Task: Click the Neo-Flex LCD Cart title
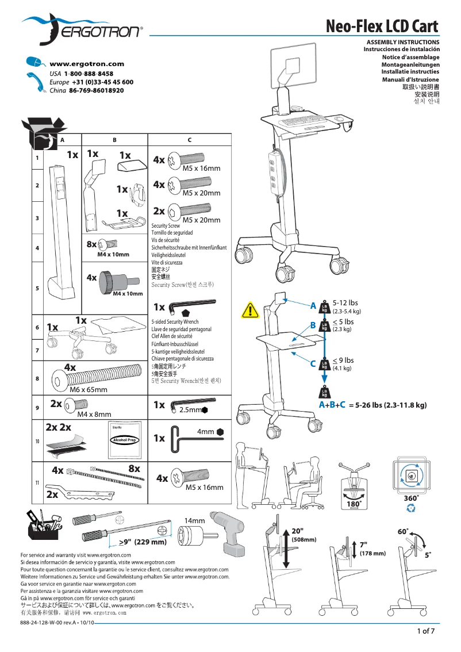pos(382,27)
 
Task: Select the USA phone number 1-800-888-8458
pos(89,74)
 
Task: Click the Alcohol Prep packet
pos(123,440)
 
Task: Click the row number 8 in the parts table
pos(37,379)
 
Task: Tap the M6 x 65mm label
pos(88,390)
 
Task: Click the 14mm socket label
pos(194,520)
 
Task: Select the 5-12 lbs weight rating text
pos(345,303)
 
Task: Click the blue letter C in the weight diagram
pos(313,363)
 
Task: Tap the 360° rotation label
pos(410,497)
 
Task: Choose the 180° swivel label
pos(354,504)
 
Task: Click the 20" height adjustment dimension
pos(297,531)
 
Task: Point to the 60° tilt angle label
pos(403,532)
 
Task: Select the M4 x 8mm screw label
pos(94,414)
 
